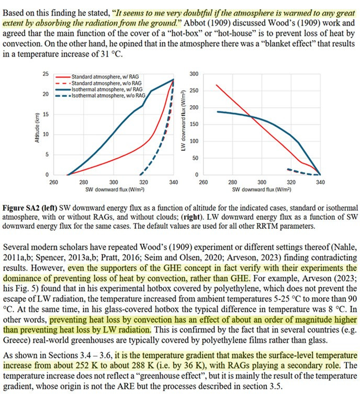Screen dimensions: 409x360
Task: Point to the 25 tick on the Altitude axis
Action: tap(46, 74)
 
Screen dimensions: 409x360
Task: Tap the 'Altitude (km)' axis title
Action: tap(34, 125)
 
